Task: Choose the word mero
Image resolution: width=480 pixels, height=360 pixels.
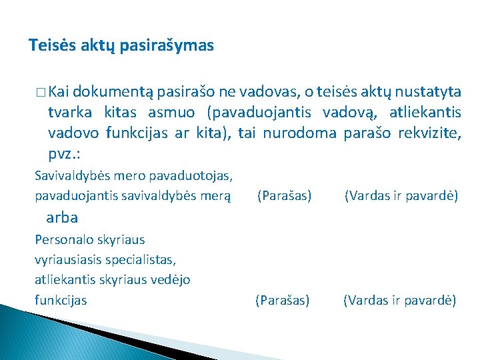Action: pos(123,176)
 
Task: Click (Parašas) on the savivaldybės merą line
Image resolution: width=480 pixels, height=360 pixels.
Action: pos(284,196)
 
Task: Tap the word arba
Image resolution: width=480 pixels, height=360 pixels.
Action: pos(63,217)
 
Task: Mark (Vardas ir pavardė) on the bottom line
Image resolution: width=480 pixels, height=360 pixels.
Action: pos(399,301)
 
